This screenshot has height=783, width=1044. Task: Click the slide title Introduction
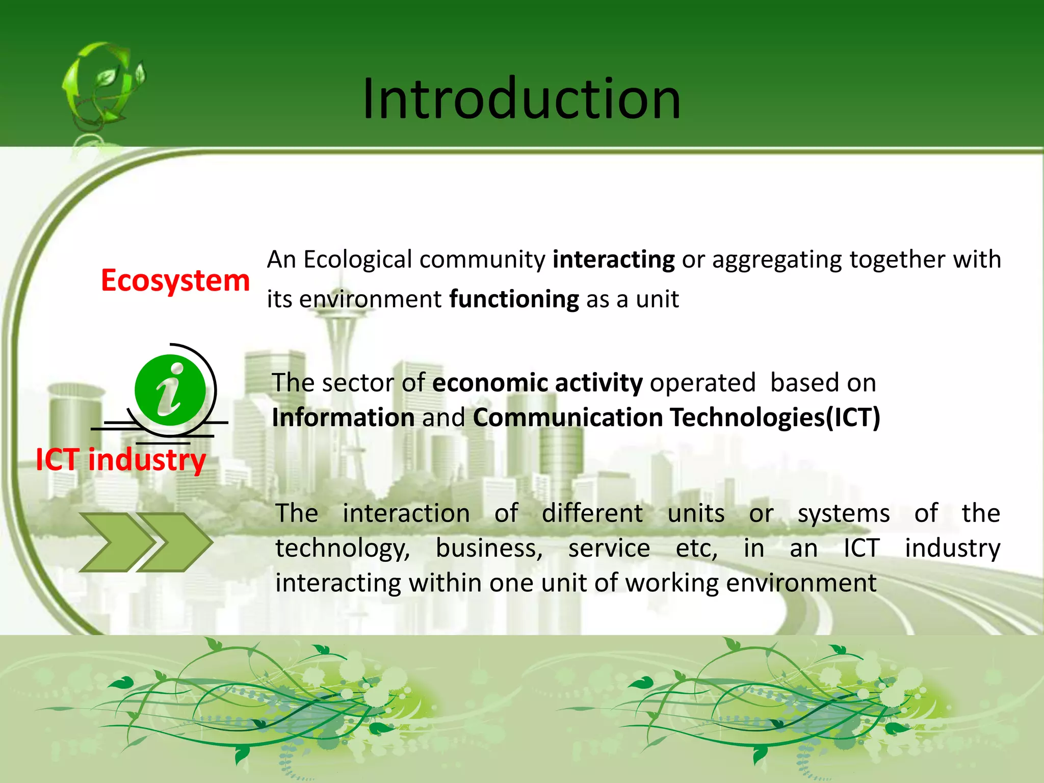(521, 98)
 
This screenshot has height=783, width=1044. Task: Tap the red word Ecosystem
(175, 281)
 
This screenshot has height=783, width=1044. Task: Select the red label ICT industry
(121, 460)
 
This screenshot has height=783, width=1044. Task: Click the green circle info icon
(170, 390)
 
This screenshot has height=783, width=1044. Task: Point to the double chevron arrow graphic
(146, 542)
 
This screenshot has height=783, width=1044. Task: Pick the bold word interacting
(614, 259)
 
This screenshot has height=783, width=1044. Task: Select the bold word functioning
(514, 299)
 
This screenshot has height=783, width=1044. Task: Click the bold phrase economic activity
(537, 383)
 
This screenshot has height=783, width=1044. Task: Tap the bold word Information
(343, 417)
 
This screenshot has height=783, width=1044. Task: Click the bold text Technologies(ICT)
(775, 417)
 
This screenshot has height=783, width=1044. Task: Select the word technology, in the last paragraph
(343, 549)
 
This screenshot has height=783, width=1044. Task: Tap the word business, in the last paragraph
(489, 549)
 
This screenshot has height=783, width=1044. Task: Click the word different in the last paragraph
(592, 513)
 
